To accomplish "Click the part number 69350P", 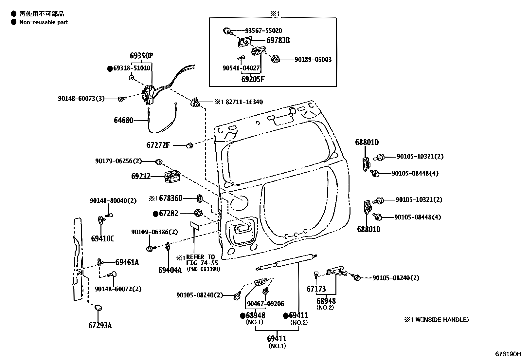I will [x=141, y=56].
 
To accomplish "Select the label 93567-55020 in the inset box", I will [x=263, y=31].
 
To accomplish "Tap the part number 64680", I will [x=123, y=120].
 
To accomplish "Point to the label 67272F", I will [x=158, y=145].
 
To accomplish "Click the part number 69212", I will [x=141, y=177].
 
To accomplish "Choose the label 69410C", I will [x=102, y=238].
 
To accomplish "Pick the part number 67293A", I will [x=100, y=325].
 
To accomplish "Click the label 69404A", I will [x=170, y=270].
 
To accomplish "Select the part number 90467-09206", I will [x=265, y=304].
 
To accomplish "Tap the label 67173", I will [x=316, y=289].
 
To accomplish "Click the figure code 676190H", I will [x=507, y=354].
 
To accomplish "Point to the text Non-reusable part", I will [x=44, y=22].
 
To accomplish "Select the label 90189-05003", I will [x=313, y=60].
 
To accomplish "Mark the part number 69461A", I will [x=127, y=262].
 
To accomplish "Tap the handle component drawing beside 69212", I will [x=172, y=177].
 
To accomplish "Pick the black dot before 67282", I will [x=156, y=214].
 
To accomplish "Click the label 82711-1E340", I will [x=243, y=102].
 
